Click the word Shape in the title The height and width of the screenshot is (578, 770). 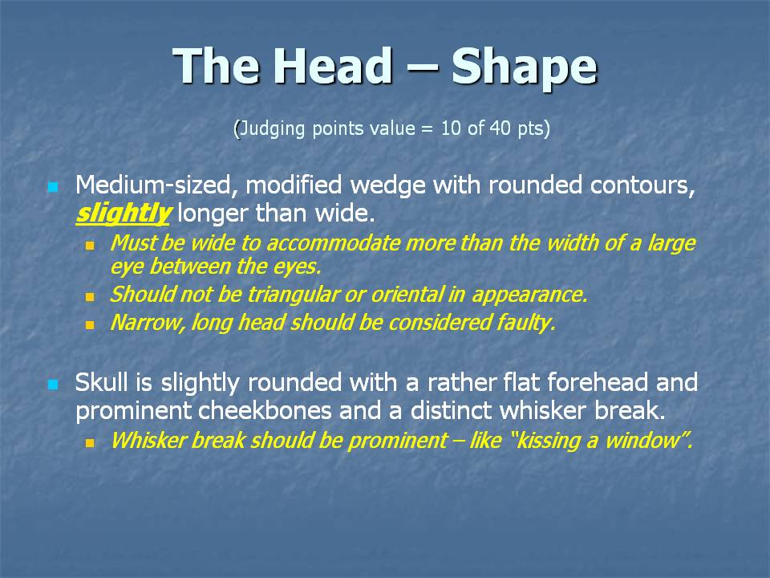tap(524, 67)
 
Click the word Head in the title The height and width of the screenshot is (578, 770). tap(336, 65)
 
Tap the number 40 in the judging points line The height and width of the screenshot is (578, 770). tap(500, 128)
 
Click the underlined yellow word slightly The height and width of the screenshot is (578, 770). tap(123, 214)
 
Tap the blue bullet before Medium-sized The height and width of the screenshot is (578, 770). tap(53, 187)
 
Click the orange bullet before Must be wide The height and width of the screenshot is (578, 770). tap(89, 246)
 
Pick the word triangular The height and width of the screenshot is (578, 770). tap(293, 295)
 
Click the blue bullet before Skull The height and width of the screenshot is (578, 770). tap(53, 385)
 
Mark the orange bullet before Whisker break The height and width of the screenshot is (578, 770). tap(89, 443)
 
